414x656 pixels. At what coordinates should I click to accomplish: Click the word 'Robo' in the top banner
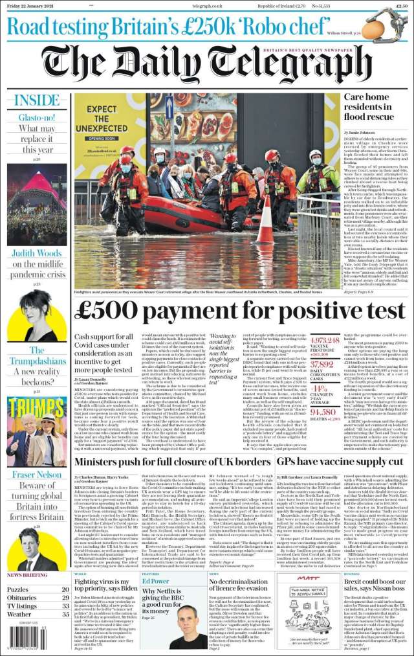click(262, 28)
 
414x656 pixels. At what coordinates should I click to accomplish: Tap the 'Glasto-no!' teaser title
click(36, 118)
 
